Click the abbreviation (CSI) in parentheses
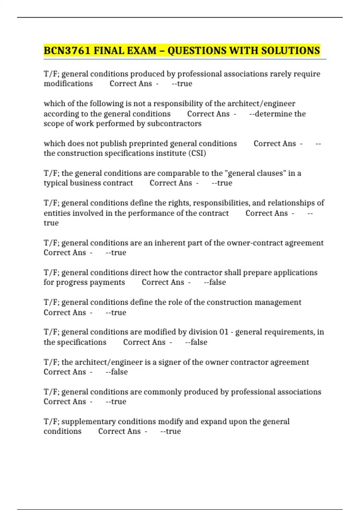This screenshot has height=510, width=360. [x=197, y=153]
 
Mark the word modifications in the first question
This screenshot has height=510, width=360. [x=68, y=84]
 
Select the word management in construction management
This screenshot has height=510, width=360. [x=277, y=302]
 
